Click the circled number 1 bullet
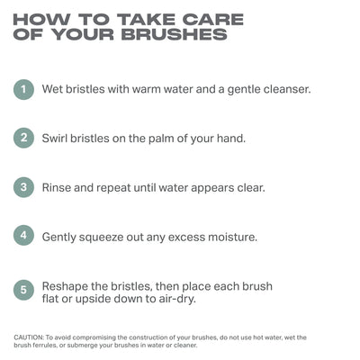coord(23,89)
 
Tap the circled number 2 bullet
coord(23,138)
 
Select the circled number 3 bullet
coord(23,187)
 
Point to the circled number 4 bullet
coord(23,236)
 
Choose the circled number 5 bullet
coord(23,290)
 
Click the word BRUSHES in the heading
coord(175,34)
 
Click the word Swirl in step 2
coord(55,139)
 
